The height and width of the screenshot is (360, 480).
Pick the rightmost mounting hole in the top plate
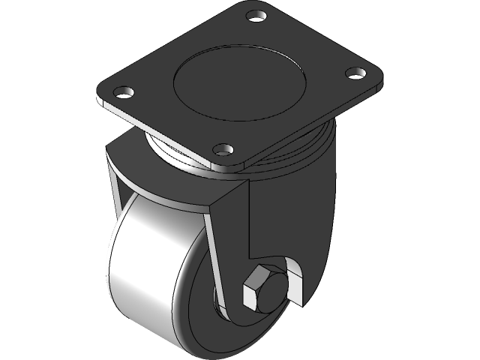(x=355, y=73)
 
